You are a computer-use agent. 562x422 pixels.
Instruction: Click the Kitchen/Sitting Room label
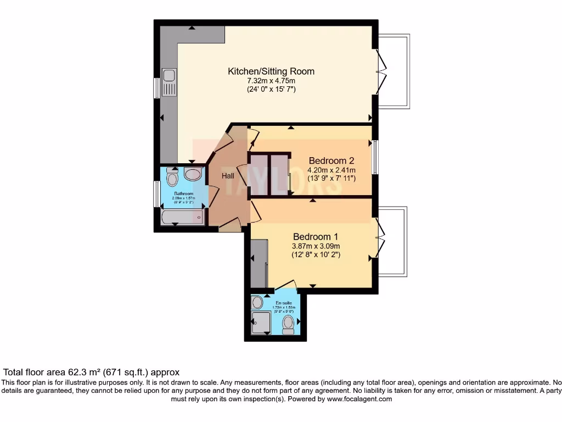point(271,71)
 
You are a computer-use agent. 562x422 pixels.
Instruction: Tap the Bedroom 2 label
point(331,161)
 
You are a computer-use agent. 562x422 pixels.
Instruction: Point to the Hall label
point(228,176)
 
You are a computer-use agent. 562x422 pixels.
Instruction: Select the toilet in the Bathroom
point(172,177)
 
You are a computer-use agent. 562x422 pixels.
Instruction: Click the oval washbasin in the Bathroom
point(193,175)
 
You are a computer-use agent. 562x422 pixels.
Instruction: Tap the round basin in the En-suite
point(257,302)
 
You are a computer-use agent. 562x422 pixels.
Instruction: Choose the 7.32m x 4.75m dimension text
point(271,81)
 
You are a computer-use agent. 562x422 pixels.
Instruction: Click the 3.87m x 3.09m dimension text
point(316,246)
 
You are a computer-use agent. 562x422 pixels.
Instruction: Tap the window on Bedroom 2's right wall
point(374,158)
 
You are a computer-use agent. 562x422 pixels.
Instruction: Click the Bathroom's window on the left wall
point(156,194)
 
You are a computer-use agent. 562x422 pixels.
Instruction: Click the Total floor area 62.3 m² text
point(92,372)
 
